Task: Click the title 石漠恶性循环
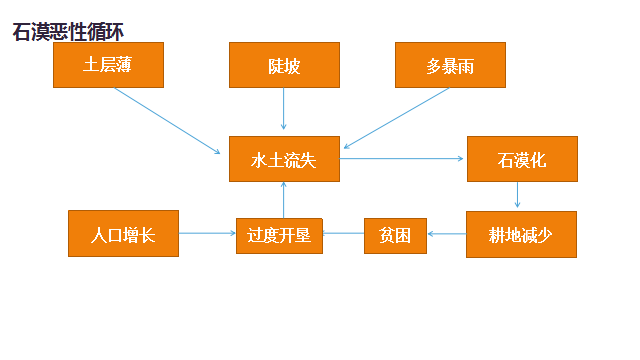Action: click(69, 32)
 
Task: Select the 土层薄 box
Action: click(108, 66)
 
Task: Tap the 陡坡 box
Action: click(284, 66)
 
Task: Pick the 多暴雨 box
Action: click(450, 66)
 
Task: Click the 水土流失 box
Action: click(284, 159)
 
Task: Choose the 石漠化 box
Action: click(521, 159)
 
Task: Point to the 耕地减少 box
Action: click(521, 235)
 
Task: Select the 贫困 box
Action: click(395, 235)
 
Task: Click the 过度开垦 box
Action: click(279, 235)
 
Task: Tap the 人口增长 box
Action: click(123, 235)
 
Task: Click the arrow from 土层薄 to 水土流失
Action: click(167, 121)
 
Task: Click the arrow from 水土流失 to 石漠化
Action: click(403, 158)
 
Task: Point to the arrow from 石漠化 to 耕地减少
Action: click(517, 196)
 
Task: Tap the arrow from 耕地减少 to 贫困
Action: click(446, 235)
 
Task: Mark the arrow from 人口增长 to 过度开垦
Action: click(207, 235)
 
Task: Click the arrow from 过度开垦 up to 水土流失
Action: click(284, 200)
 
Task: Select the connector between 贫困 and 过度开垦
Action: click(343, 234)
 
